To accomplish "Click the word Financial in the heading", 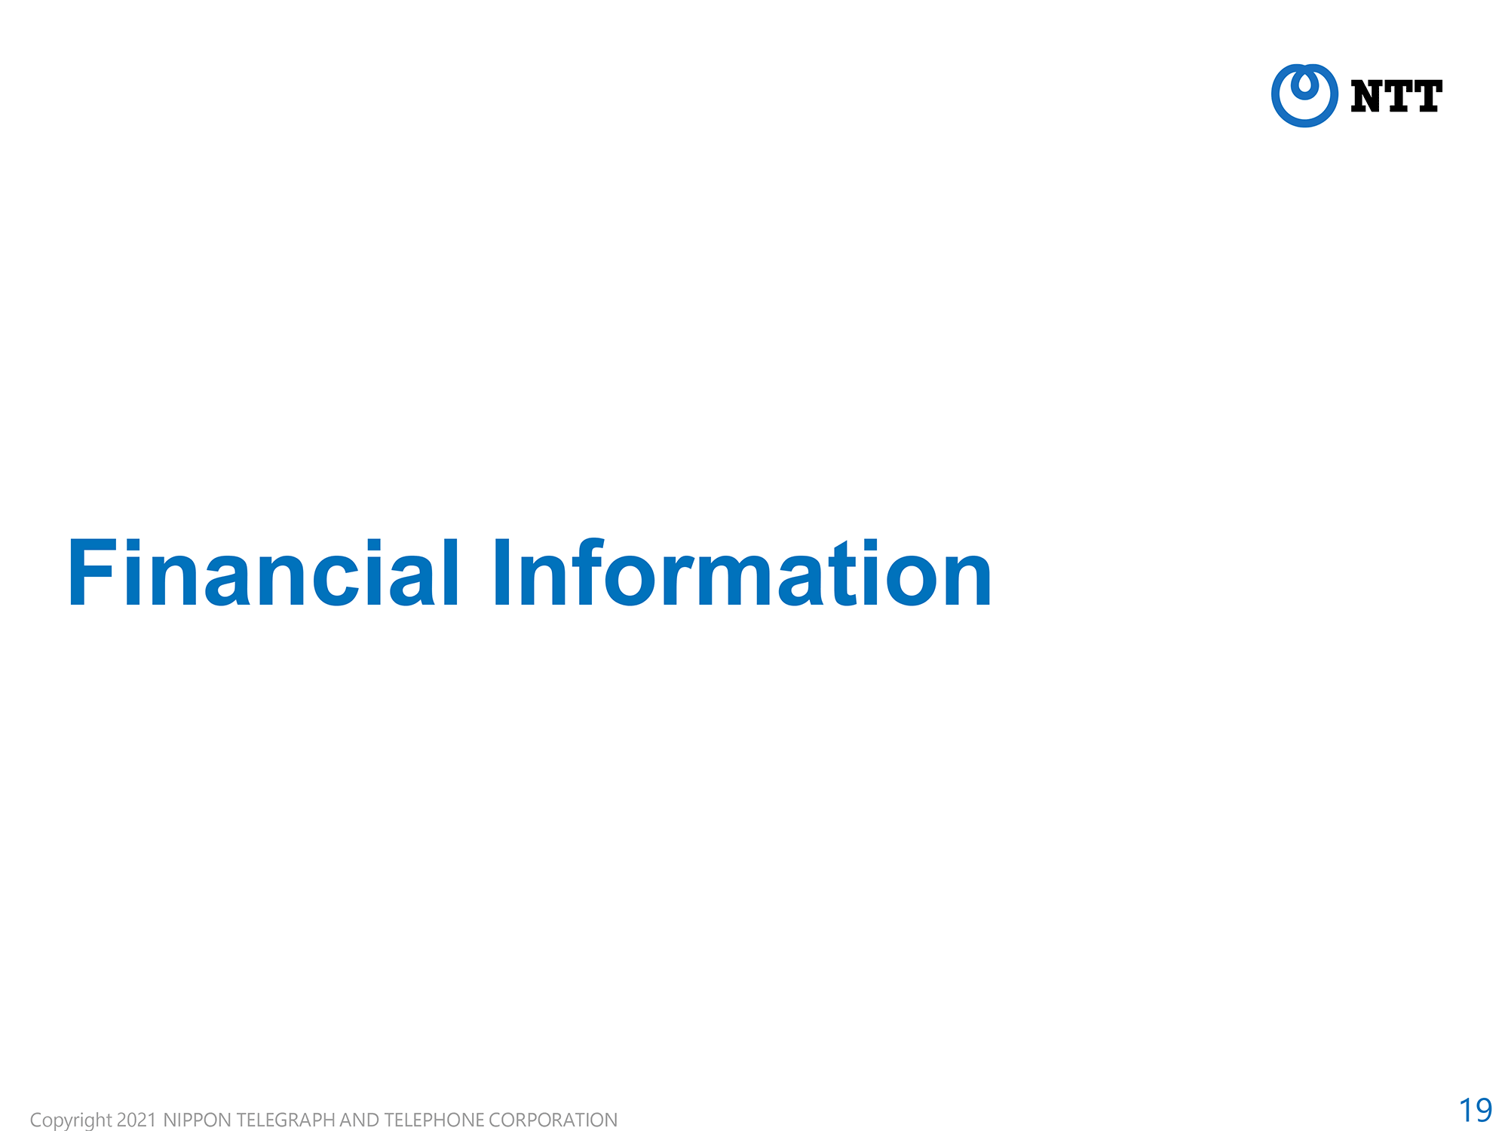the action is (x=263, y=572).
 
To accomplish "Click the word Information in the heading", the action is (x=743, y=572).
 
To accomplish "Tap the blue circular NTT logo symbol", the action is (x=1304, y=96).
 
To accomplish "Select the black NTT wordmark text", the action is (x=1396, y=97).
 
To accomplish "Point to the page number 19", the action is (x=1476, y=1110).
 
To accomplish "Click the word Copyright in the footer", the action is (x=71, y=1120).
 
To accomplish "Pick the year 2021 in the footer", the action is (x=136, y=1120).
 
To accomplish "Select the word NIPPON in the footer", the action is (x=197, y=1120).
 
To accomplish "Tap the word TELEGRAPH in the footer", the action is (x=286, y=1120).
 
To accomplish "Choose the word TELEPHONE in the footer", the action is (x=434, y=1120).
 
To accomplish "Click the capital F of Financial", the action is (x=92, y=572).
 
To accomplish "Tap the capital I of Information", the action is (x=503, y=572).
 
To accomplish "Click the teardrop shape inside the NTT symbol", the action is (x=1304, y=84).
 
